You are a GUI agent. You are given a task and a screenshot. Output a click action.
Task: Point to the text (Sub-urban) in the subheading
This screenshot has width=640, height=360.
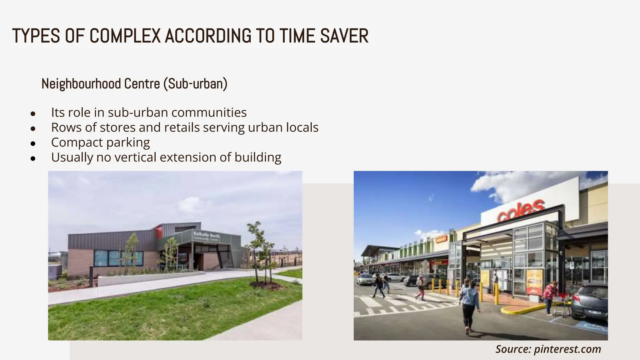[x=195, y=84]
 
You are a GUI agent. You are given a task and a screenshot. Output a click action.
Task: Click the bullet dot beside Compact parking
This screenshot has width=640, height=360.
[x=33, y=144]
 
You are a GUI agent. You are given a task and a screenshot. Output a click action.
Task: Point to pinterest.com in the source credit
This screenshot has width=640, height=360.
[x=567, y=349]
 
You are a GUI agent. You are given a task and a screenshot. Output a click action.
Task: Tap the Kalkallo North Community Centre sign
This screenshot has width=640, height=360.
[x=206, y=236]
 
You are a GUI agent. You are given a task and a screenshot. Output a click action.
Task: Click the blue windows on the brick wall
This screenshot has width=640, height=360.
[x=118, y=258]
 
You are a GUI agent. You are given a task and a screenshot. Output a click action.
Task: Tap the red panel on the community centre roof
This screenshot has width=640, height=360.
[x=158, y=232]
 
